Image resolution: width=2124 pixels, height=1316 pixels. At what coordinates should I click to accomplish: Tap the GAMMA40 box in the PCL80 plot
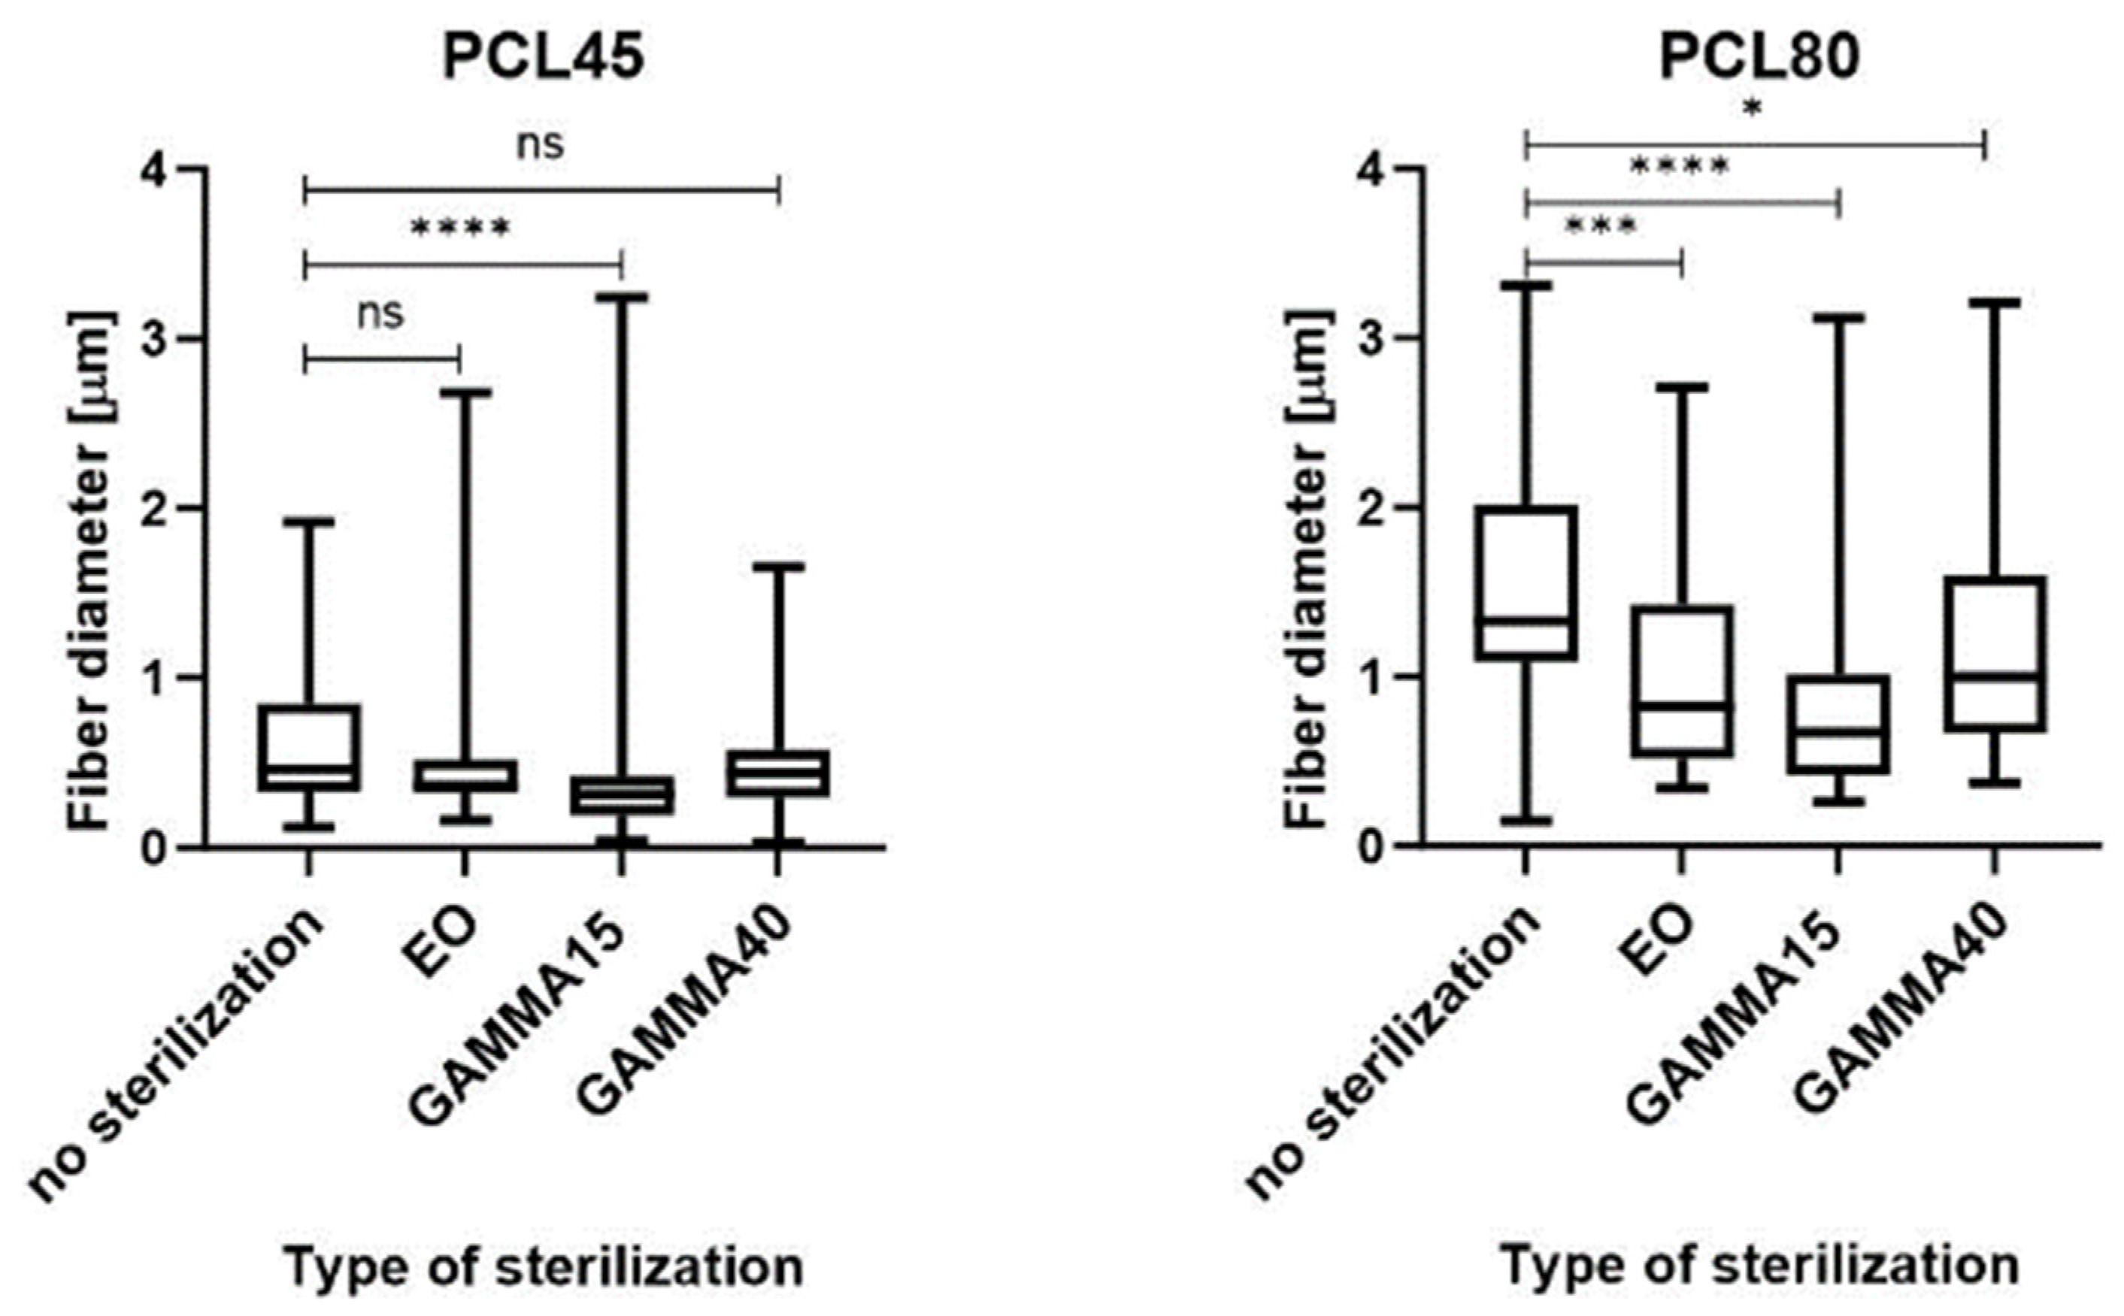tap(1993, 653)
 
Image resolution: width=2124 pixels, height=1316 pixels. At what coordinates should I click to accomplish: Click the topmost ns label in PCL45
tap(541, 144)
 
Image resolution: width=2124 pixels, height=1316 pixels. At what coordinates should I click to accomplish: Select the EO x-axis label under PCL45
tap(453, 936)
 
